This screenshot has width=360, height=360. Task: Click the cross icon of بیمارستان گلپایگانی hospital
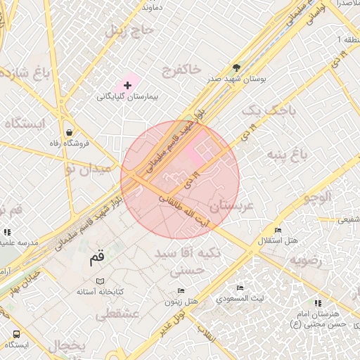pos(127,84)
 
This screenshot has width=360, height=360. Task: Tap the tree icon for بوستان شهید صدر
pos(236,68)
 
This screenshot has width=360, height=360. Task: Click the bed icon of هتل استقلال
pos(278,230)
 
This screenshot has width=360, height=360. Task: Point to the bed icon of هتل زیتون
pos(181,290)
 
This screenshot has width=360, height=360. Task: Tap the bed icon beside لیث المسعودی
pos(240,288)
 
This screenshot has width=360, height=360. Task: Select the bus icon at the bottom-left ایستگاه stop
pos(16,334)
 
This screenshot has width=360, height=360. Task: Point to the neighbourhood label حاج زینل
pos(129,30)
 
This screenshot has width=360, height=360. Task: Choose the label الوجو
pos(316,198)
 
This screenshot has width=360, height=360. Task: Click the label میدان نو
pos(88,169)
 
